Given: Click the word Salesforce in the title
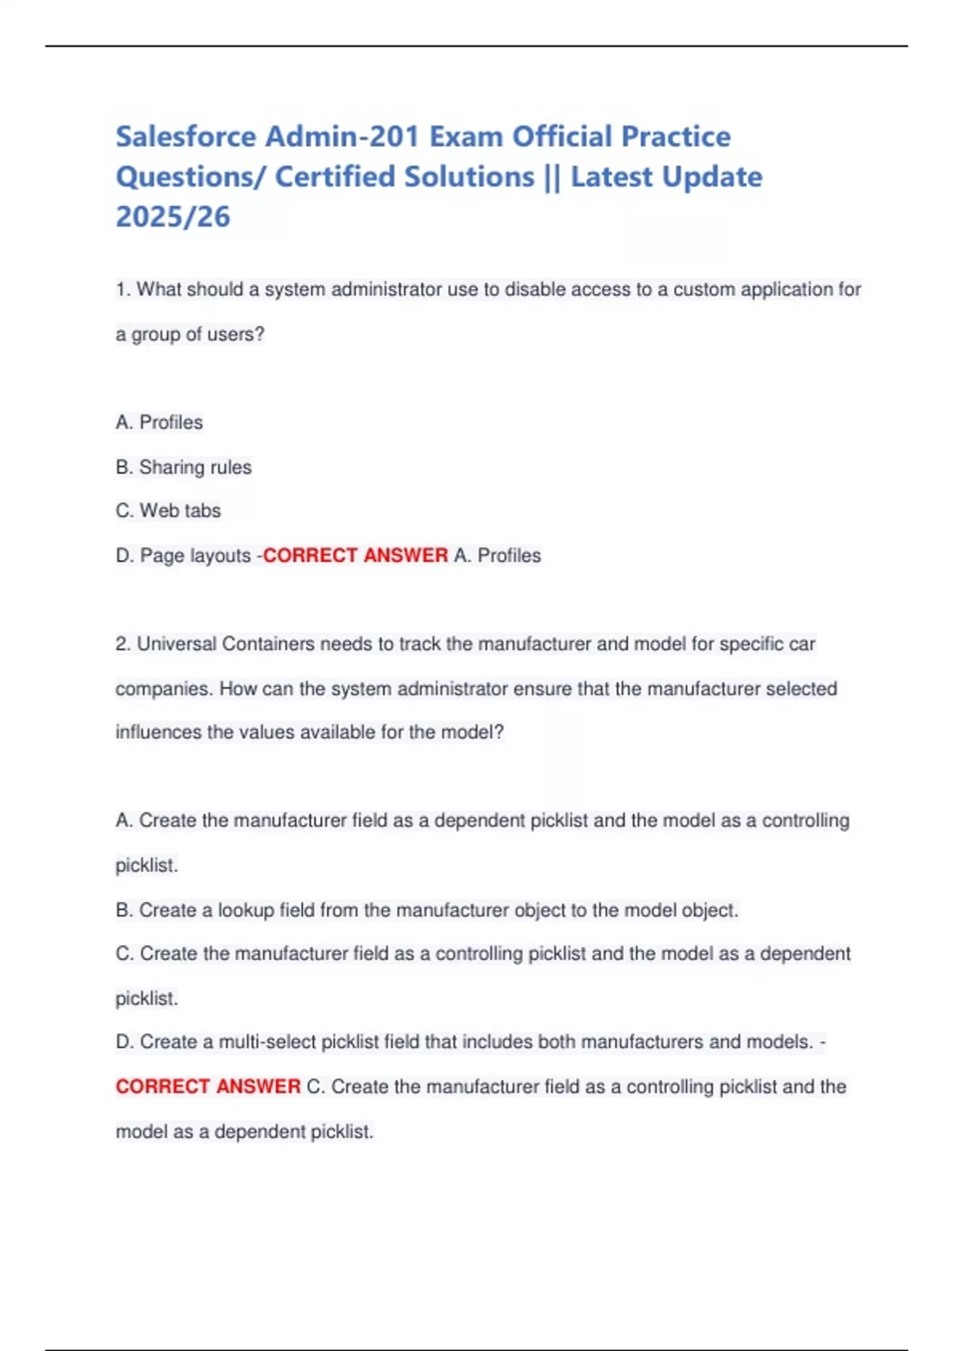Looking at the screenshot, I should pos(186,137).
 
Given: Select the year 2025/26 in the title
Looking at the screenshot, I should pos(173,216).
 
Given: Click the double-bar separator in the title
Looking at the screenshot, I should pos(553,176).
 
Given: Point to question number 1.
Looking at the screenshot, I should pos(122,289).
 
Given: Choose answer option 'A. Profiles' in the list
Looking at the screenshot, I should pos(159,422).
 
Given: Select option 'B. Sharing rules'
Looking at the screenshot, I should pos(184,466).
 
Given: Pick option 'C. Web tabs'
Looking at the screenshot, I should pos(169,510).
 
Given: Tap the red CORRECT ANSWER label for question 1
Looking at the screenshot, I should pos(355,555).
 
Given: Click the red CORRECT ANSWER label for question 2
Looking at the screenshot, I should pos(208,1086).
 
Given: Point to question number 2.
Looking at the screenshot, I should pos(122,644).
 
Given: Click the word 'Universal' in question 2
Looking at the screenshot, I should pos(176,644).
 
